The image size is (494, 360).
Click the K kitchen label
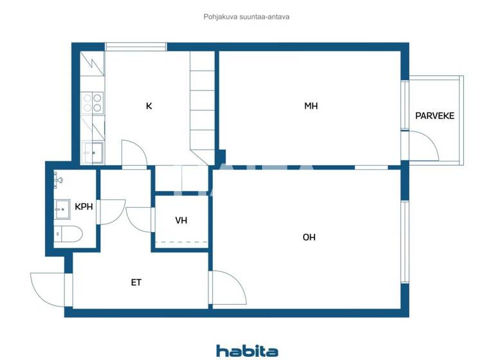[149, 106]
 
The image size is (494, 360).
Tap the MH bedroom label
[311, 106]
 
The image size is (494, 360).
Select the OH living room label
[309, 237]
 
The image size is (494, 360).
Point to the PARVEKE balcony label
[435, 116]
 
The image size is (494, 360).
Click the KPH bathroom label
[84, 207]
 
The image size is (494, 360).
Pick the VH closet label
[181, 221]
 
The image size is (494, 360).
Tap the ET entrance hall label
[136, 282]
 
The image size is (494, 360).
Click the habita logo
[247, 351]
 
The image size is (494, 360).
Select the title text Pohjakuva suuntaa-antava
[246, 17]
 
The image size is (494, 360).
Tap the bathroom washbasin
[63, 208]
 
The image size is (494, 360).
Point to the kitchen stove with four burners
[93, 104]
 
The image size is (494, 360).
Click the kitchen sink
[93, 152]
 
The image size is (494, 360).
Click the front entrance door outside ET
[48, 289]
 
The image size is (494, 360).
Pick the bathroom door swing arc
[111, 212]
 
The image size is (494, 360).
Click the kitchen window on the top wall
[136, 46]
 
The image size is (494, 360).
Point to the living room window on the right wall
[405, 241]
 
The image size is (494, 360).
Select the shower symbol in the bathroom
[59, 179]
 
